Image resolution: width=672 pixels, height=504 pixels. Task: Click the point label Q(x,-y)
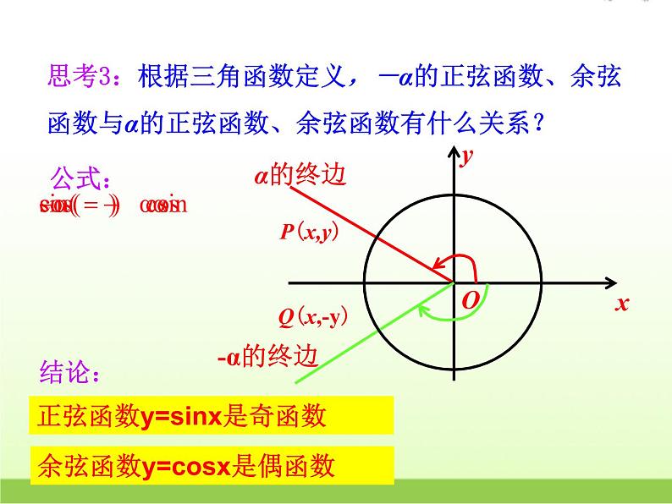tap(313, 318)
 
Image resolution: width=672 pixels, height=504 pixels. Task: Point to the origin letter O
tap(470, 300)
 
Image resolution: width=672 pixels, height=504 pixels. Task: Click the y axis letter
tap(465, 156)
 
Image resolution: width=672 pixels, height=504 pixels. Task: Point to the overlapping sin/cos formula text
tap(113, 205)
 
